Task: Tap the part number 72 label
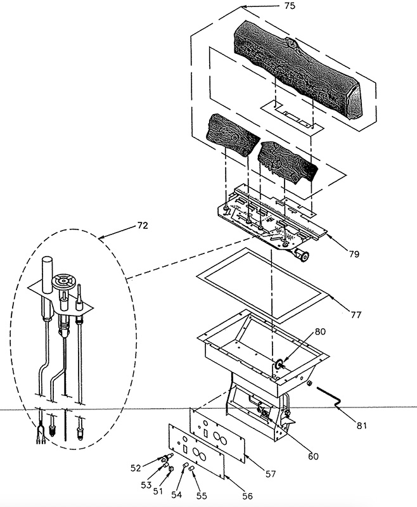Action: (x=143, y=224)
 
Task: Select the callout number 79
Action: (x=354, y=254)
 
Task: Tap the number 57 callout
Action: (x=270, y=473)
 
